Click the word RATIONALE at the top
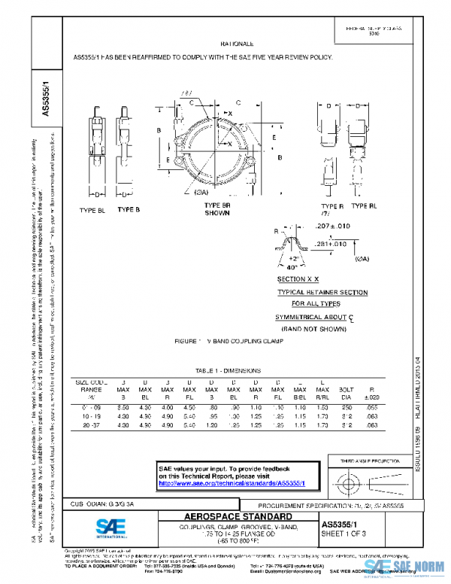tap(237, 45)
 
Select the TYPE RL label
tap(364, 206)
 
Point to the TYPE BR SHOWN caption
tap(217, 209)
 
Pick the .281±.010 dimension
tap(331, 244)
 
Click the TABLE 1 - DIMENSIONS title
tap(227, 371)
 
